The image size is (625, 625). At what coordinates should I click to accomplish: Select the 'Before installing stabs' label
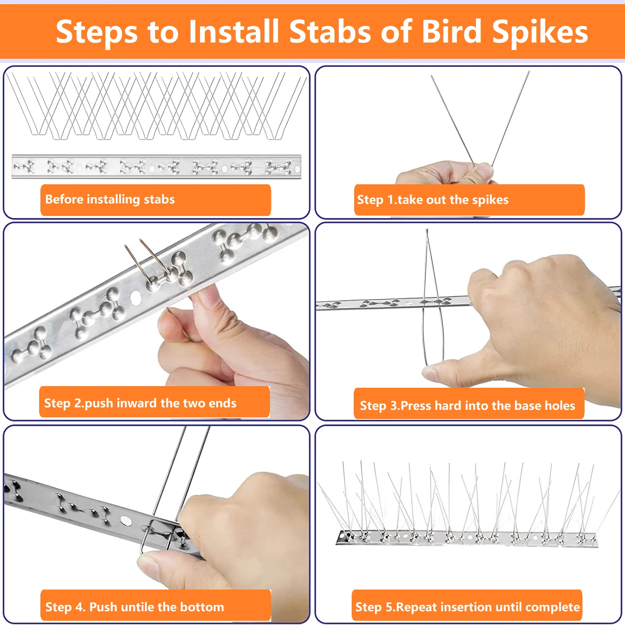tap(110, 199)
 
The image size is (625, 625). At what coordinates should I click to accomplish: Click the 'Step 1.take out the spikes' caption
tap(432, 200)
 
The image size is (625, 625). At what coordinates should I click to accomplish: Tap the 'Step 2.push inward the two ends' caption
tap(140, 403)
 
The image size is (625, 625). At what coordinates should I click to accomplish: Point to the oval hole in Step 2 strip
tap(135, 297)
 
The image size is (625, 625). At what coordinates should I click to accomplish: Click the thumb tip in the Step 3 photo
tap(433, 369)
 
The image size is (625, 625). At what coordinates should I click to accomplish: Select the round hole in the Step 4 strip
tap(125, 520)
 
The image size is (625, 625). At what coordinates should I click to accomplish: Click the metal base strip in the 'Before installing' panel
tap(156, 167)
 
